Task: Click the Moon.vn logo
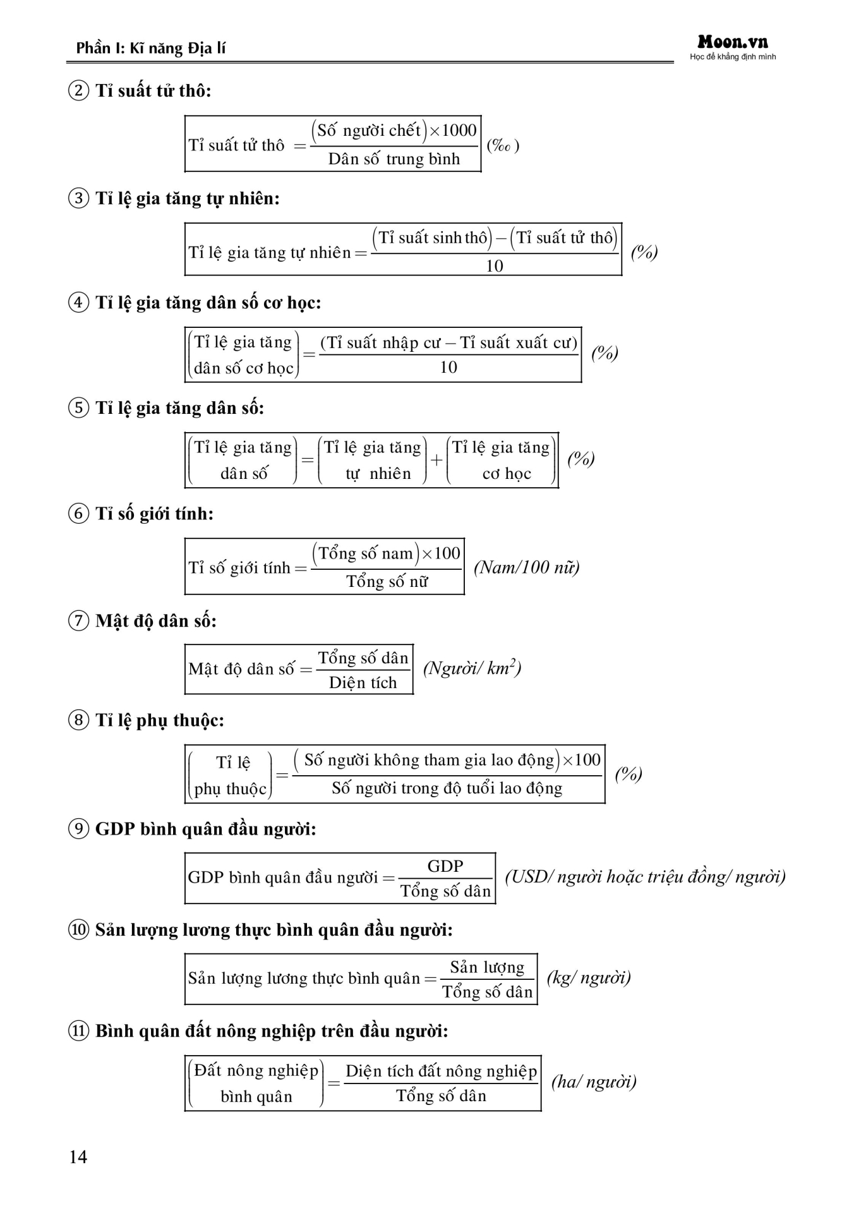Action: coord(733,43)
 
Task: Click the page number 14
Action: coord(78,1157)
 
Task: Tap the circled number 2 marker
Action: coord(78,91)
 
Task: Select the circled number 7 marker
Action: coord(78,621)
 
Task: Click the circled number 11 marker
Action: coord(78,1031)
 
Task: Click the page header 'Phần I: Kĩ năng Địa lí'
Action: coord(150,48)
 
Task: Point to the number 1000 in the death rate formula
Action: coord(459,131)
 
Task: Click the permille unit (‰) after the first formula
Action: coord(503,146)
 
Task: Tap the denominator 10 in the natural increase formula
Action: coord(495,266)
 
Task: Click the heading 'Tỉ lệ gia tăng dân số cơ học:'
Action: coord(208,303)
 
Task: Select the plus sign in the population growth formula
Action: coord(436,460)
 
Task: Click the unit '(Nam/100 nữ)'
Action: coord(526,567)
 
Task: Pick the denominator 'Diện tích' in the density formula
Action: coord(363,683)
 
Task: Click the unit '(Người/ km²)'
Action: coord(472,668)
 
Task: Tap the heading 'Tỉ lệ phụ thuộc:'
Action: coord(159,720)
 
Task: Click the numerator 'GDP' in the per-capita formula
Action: coord(445,866)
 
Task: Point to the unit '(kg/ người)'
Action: coord(589,978)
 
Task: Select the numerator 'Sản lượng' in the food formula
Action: coord(487,967)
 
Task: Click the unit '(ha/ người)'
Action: coord(594,1082)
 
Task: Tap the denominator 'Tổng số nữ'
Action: coord(387,581)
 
